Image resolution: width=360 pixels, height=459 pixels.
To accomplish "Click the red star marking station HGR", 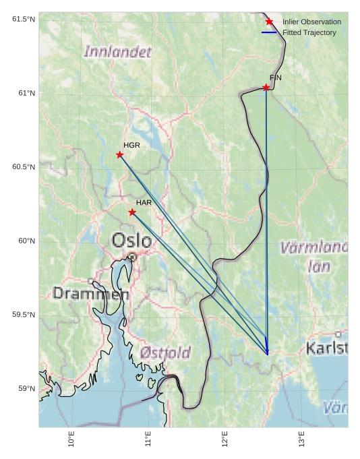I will click(120, 155).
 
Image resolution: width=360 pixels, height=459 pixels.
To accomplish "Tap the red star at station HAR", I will click(132, 212).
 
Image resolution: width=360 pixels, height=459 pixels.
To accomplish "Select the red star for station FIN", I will click(266, 88).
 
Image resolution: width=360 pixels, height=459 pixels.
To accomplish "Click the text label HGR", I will click(131, 145).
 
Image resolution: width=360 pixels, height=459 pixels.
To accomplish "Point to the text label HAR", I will click(144, 202).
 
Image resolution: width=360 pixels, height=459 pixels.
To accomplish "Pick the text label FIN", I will click(276, 78).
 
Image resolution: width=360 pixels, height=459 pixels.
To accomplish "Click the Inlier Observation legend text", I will click(311, 22).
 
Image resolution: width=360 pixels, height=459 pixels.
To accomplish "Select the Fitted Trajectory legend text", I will click(309, 32).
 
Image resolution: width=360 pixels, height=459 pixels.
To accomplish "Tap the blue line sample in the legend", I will click(269, 32).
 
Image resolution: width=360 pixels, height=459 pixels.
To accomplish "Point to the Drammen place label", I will click(91, 294).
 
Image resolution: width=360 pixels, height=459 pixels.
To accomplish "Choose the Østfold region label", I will click(166, 352).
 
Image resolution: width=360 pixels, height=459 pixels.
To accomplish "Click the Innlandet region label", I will click(118, 51).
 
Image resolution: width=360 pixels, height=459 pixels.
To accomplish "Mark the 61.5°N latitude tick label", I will click(23, 19).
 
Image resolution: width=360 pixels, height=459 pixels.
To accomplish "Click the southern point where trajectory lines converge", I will click(268, 353).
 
